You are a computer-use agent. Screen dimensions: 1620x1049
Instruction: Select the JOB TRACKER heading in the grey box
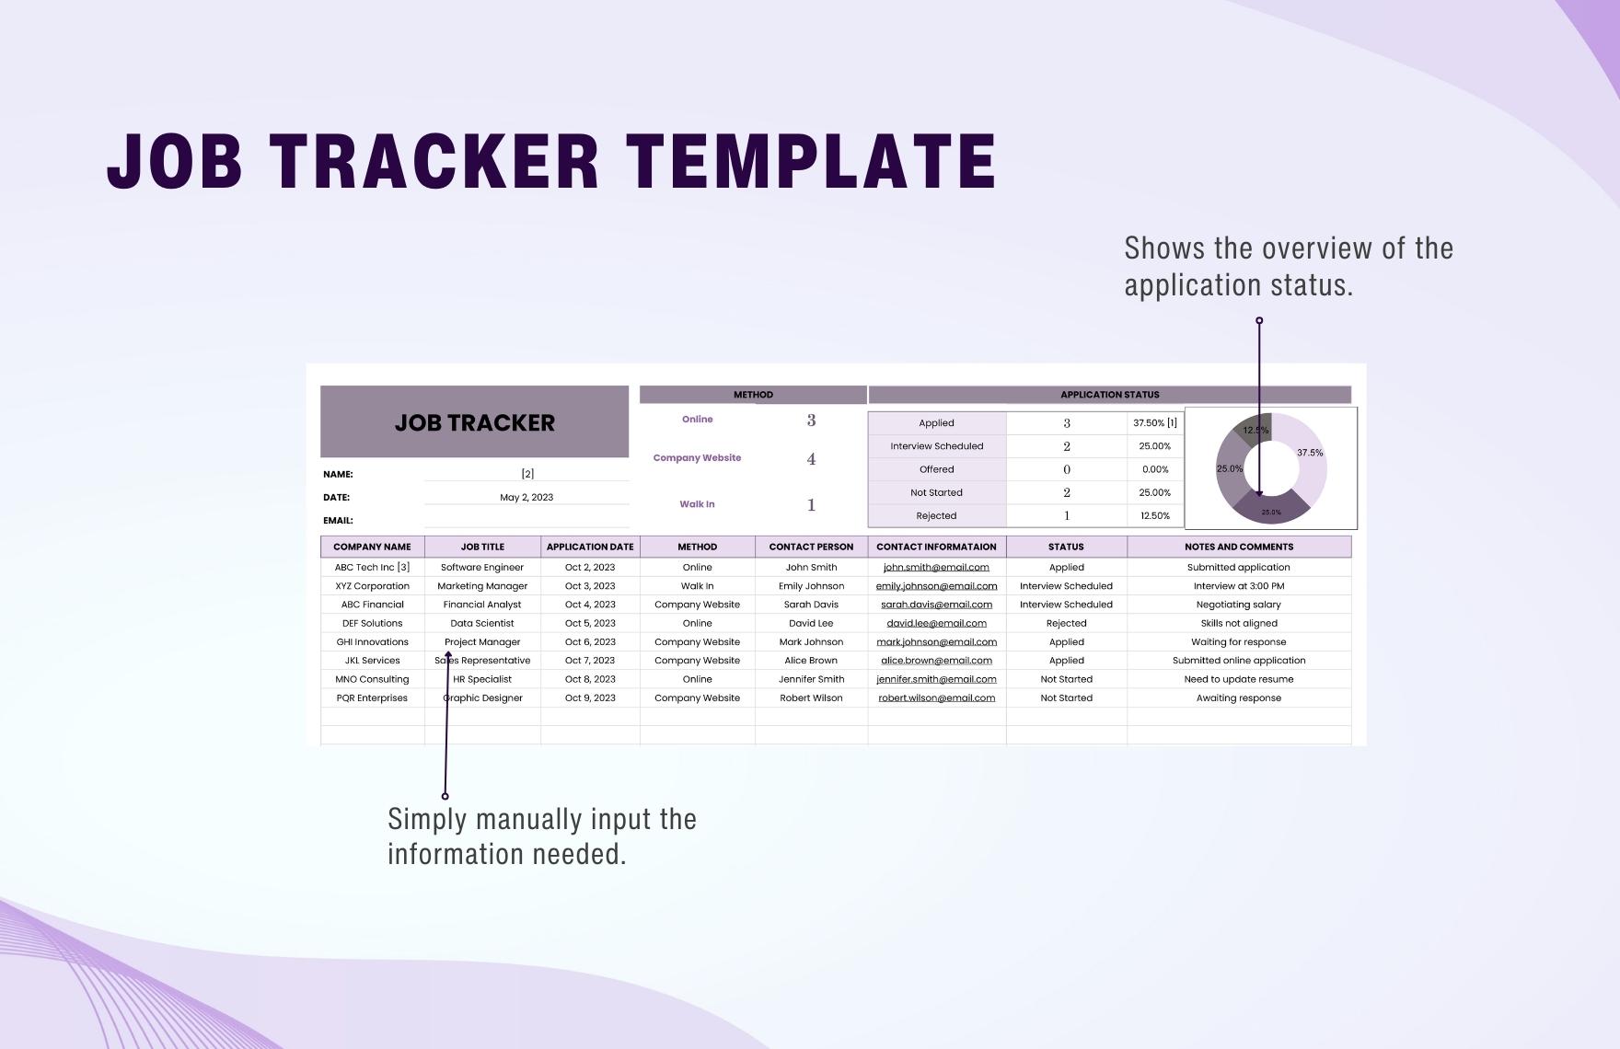[x=475, y=422]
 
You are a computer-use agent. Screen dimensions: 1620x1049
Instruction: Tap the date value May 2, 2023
[x=526, y=497]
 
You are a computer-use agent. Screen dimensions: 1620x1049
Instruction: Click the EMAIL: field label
[x=338, y=520]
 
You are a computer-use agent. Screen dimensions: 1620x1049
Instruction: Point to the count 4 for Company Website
[x=811, y=458]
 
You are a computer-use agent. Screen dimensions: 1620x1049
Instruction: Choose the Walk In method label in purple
[x=697, y=504]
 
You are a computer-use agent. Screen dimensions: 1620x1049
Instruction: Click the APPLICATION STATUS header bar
[x=1109, y=395]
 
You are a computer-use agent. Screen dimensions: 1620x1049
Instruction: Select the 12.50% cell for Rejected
[x=1155, y=516]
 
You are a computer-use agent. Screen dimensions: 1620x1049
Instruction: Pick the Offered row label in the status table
[x=936, y=469]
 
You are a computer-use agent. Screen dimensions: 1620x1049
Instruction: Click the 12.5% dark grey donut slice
[x=1254, y=429]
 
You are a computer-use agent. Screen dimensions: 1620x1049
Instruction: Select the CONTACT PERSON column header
[x=811, y=547]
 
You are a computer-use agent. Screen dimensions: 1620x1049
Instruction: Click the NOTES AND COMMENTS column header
[x=1239, y=547]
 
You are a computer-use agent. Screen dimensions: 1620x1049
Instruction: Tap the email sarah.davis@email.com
[x=936, y=605]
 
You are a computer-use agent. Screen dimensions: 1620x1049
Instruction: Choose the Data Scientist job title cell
[x=482, y=623]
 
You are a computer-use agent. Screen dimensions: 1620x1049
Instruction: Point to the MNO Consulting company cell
[x=372, y=679]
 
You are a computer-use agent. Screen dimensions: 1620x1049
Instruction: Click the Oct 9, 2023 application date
[x=590, y=697]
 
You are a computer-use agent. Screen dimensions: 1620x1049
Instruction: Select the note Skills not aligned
[x=1239, y=623]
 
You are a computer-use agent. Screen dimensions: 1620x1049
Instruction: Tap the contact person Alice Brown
[x=811, y=660]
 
